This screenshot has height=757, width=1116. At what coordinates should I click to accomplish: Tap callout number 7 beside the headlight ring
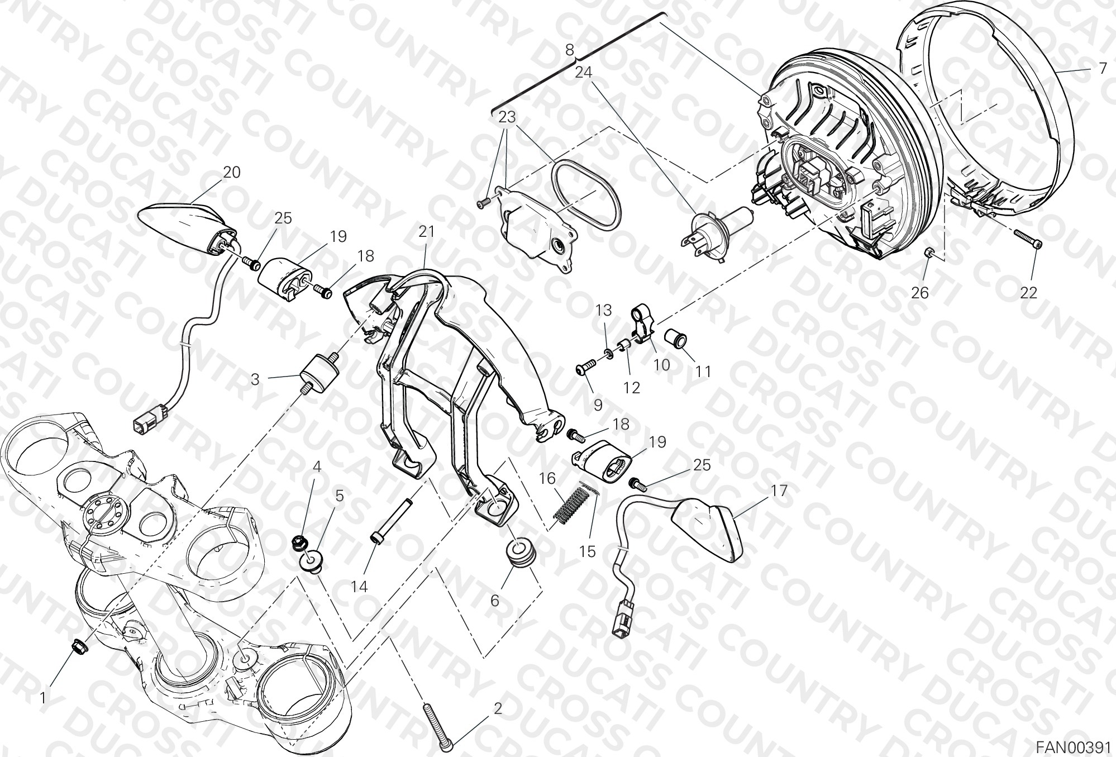point(1102,69)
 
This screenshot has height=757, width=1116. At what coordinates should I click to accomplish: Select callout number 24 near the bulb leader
point(583,73)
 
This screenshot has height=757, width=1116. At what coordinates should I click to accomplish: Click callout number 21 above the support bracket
point(426,232)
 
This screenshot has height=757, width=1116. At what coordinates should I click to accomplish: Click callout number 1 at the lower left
point(42,698)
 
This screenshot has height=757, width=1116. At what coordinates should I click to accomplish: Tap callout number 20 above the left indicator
point(231,172)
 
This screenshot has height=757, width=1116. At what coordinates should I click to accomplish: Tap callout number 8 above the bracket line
point(569,49)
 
